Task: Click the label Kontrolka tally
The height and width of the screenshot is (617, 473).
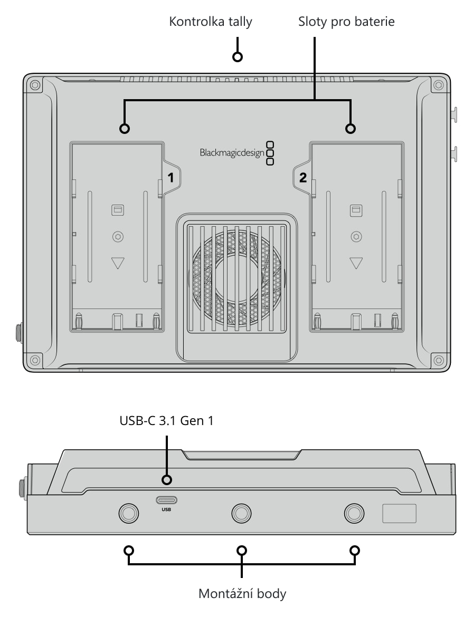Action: pos(210,22)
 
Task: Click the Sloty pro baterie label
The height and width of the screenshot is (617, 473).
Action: pos(346,22)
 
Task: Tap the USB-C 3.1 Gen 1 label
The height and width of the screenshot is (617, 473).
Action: pos(166,421)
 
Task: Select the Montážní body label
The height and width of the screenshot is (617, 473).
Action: pos(242,593)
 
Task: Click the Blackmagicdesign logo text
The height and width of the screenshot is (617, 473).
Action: pos(232,153)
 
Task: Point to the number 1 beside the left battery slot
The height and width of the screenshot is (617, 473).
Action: pos(171,178)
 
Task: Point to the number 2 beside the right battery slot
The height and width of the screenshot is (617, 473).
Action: pos(302,178)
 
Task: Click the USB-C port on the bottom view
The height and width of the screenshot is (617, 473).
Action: pos(166,500)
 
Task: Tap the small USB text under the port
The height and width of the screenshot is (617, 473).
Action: pos(166,509)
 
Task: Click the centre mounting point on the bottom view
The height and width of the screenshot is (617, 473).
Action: pos(241,513)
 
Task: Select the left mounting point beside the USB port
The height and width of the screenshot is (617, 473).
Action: pos(129,513)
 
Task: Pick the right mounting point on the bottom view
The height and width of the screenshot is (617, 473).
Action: pos(354,513)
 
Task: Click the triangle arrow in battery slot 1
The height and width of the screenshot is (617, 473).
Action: pos(118,263)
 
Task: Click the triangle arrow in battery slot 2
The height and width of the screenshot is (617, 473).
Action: pos(356,263)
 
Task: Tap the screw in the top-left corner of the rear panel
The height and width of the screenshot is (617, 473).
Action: pos(35,85)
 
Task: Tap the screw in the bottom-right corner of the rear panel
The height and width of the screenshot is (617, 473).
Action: pos(438,360)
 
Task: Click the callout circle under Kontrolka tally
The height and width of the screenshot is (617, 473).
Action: pos(237,56)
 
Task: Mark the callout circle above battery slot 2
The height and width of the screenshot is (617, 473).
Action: pos(350,128)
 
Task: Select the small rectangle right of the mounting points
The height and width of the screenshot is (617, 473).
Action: pos(399,514)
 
